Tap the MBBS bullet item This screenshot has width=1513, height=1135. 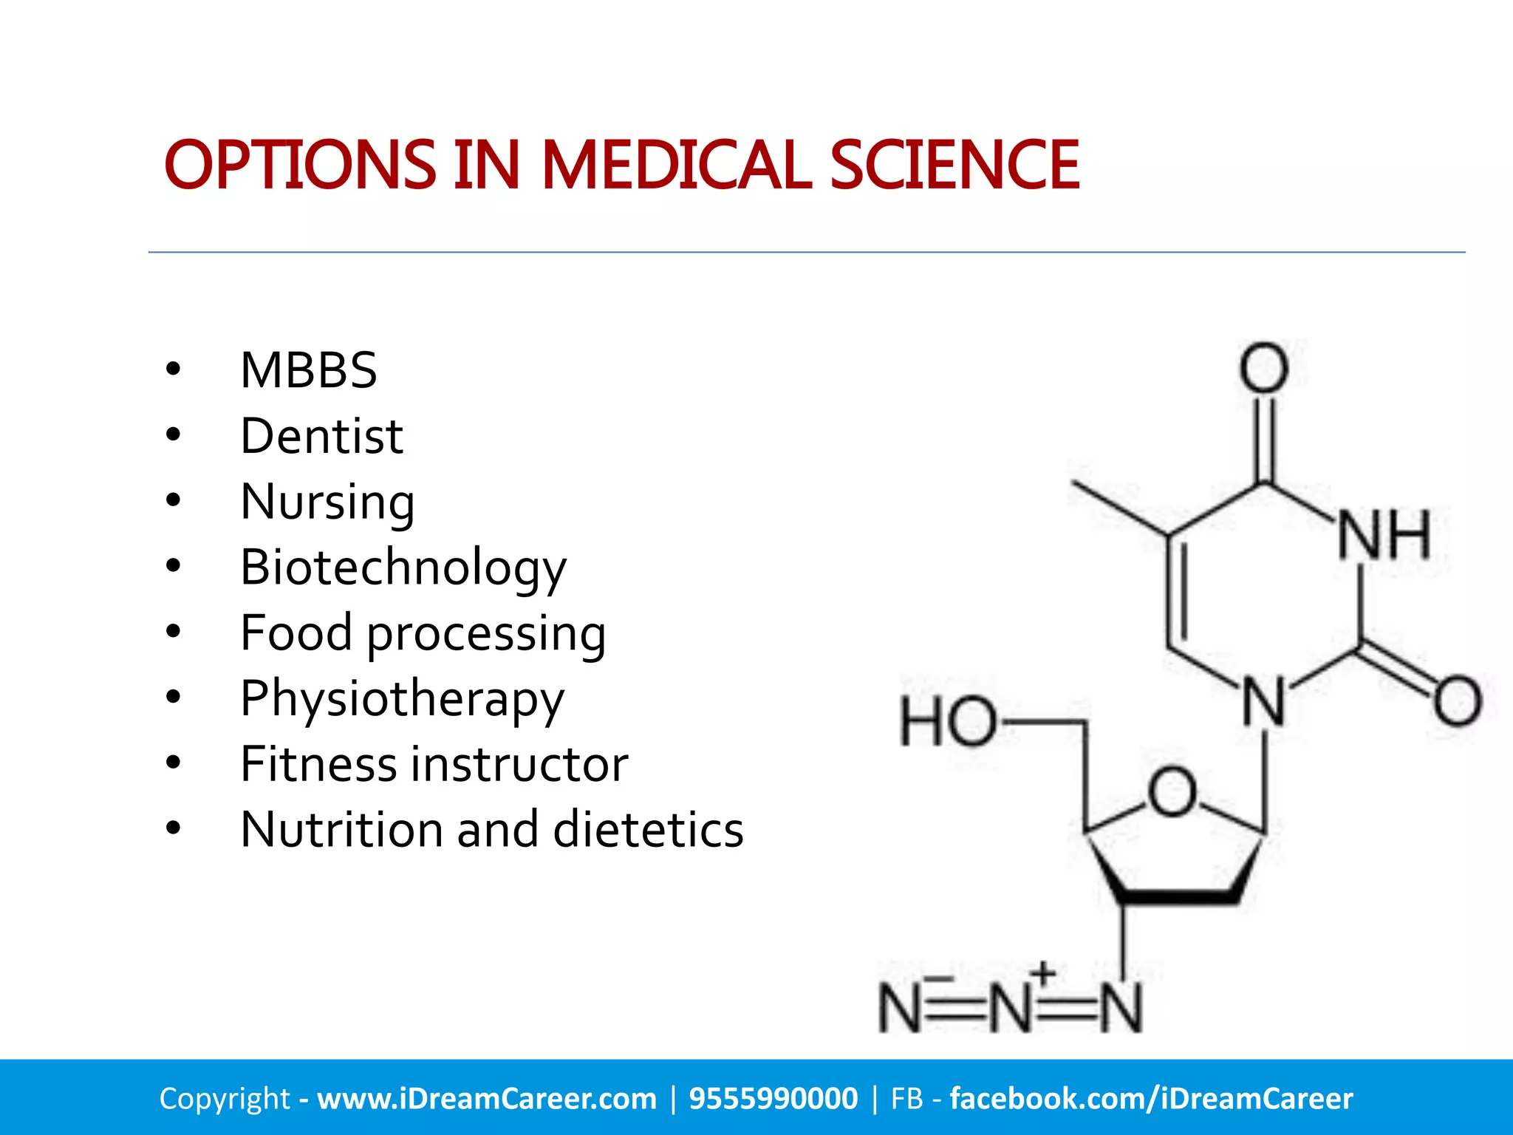[x=309, y=370]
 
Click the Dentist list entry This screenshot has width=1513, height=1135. [x=321, y=436]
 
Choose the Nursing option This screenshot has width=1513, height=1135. [x=327, y=502]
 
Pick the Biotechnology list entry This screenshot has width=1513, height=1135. [x=403, y=568]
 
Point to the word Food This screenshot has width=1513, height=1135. [x=296, y=633]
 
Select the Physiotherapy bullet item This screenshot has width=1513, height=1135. [x=403, y=700]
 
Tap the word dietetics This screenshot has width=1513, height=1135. [x=648, y=830]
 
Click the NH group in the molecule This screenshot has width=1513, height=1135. [x=1384, y=536]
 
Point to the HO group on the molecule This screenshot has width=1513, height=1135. [x=948, y=721]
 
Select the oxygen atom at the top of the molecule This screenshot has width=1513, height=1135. [x=1264, y=367]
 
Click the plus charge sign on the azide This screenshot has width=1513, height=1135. [x=1043, y=972]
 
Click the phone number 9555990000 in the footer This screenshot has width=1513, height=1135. [x=773, y=1099]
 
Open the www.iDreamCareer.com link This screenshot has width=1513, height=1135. [x=487, y=1099]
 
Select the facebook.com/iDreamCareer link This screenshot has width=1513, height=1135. [x=1151, y=1099]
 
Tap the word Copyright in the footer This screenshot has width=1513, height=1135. [x=225, y=1099]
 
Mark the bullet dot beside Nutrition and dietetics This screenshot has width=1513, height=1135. [x=174, y=829]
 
